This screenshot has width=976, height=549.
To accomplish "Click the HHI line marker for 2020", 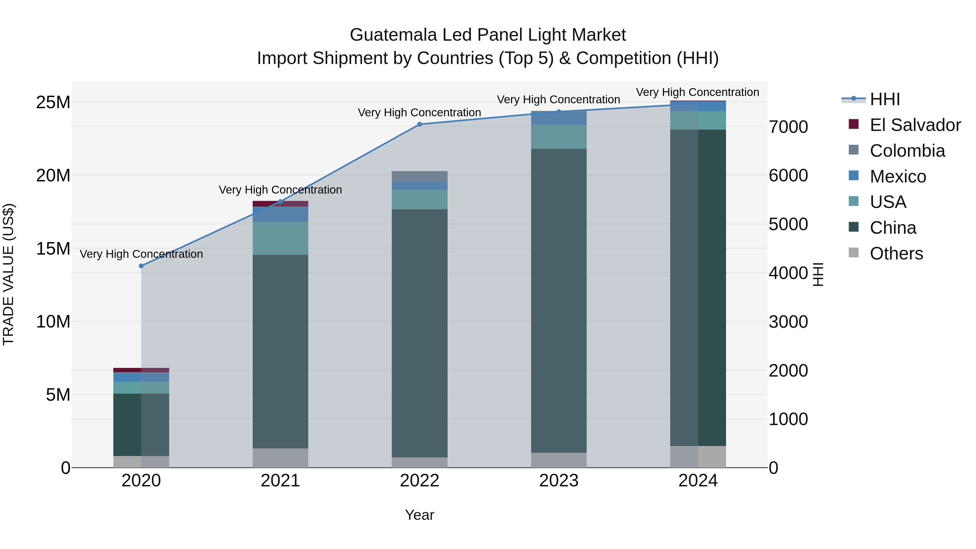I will coord(141,266).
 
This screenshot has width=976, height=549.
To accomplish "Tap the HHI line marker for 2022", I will coord(419,124).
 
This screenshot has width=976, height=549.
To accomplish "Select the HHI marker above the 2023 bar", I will coord(559,111).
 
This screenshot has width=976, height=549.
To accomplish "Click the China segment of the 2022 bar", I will coord(419,333).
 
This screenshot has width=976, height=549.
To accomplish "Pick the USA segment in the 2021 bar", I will coord(280,238).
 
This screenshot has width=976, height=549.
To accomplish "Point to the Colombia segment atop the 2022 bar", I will coord(419,176).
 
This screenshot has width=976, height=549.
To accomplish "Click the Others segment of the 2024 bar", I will coord(698,457).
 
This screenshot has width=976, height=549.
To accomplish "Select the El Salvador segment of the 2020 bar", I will coord(141,370).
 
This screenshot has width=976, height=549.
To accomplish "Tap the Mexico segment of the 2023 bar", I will coord(559,118).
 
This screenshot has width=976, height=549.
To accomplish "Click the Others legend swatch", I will coord(854,252).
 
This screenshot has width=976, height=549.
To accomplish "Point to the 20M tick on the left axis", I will coord(53,175).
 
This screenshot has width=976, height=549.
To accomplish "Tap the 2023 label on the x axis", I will coord(559,481).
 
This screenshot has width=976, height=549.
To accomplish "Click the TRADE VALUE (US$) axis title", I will coord(8,275).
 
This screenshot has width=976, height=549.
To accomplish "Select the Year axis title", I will coord(419,515).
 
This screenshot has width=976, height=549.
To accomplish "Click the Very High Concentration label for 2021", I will coord(280,190).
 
